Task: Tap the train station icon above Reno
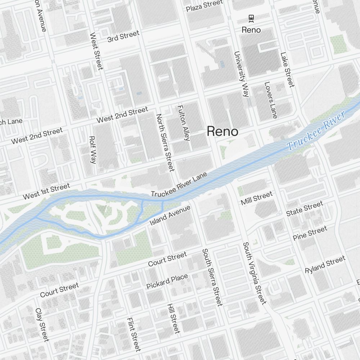(x=251, y=18)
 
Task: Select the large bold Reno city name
(x=222, y=131)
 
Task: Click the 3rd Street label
(x=123, y=36)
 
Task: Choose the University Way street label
(x=242, y=74)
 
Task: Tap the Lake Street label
(x=287, y=70)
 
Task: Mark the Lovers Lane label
(x=271, y=100)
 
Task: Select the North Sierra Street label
(x=165, y=142)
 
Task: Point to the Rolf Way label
(x=93, y=150)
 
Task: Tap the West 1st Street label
(x=46, y=191)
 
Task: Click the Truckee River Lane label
(x=179, y=185)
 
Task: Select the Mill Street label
(x=257, y=198)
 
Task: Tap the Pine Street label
(x=310, y=233)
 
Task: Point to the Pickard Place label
(x=167, y=281)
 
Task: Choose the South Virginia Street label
(x=254, y=273)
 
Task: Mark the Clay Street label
(x=42, y=325)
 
